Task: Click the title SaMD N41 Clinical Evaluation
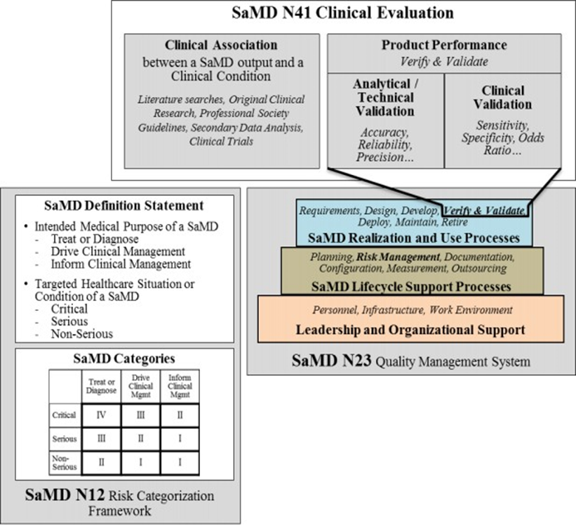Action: point(343,12)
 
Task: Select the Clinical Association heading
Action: point(221,45)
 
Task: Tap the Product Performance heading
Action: point(444,45)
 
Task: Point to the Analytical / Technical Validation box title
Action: point(385,97)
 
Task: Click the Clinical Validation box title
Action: point(502,97)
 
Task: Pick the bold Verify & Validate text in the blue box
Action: point(484,211)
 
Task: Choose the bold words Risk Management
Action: point(398,256)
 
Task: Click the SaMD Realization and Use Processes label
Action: point(414,238)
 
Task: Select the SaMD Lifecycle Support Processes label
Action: point(411,286)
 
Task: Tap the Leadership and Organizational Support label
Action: point(410,330)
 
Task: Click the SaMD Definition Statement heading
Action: point(124,205)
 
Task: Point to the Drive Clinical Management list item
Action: point(118,251)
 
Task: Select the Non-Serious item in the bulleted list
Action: point(82,333)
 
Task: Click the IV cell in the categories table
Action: point(101,416)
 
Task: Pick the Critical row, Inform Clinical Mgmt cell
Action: point(180,416)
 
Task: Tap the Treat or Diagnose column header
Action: point(101,386)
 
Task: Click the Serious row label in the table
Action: point(64,439)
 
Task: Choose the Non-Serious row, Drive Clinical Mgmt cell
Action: point(141,462)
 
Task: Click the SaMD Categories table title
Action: point(124,358)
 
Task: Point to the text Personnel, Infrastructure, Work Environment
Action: point(412,310)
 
